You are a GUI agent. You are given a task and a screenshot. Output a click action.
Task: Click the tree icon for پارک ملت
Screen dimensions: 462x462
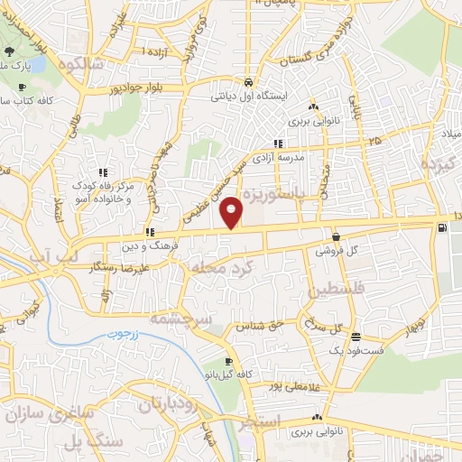21,87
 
